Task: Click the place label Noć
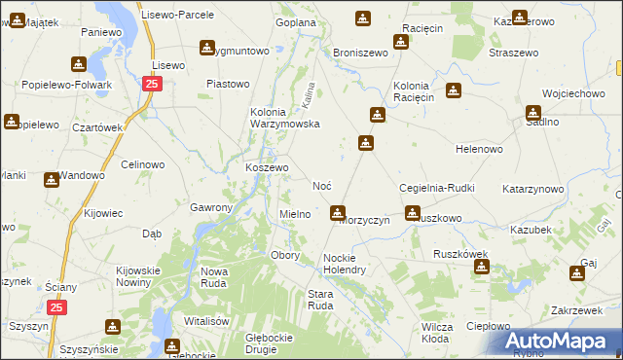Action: coord(323,185)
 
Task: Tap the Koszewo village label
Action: coord(266,167)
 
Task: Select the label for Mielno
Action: coord(295,214)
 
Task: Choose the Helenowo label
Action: coord(479,149)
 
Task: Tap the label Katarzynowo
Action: coord(533,188)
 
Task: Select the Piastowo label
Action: coord(229,84)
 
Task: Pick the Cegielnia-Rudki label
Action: coord(436,188)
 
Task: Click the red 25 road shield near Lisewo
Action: coord(152,85)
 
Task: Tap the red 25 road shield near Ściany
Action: coord(57,307)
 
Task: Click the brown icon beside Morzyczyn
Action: coord(338,212)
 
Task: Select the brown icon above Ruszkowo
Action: coord(413,212)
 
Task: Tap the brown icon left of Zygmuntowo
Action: coord(206,47)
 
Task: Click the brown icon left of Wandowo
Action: coord(50,179)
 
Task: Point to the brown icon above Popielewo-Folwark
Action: coord(78,65)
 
